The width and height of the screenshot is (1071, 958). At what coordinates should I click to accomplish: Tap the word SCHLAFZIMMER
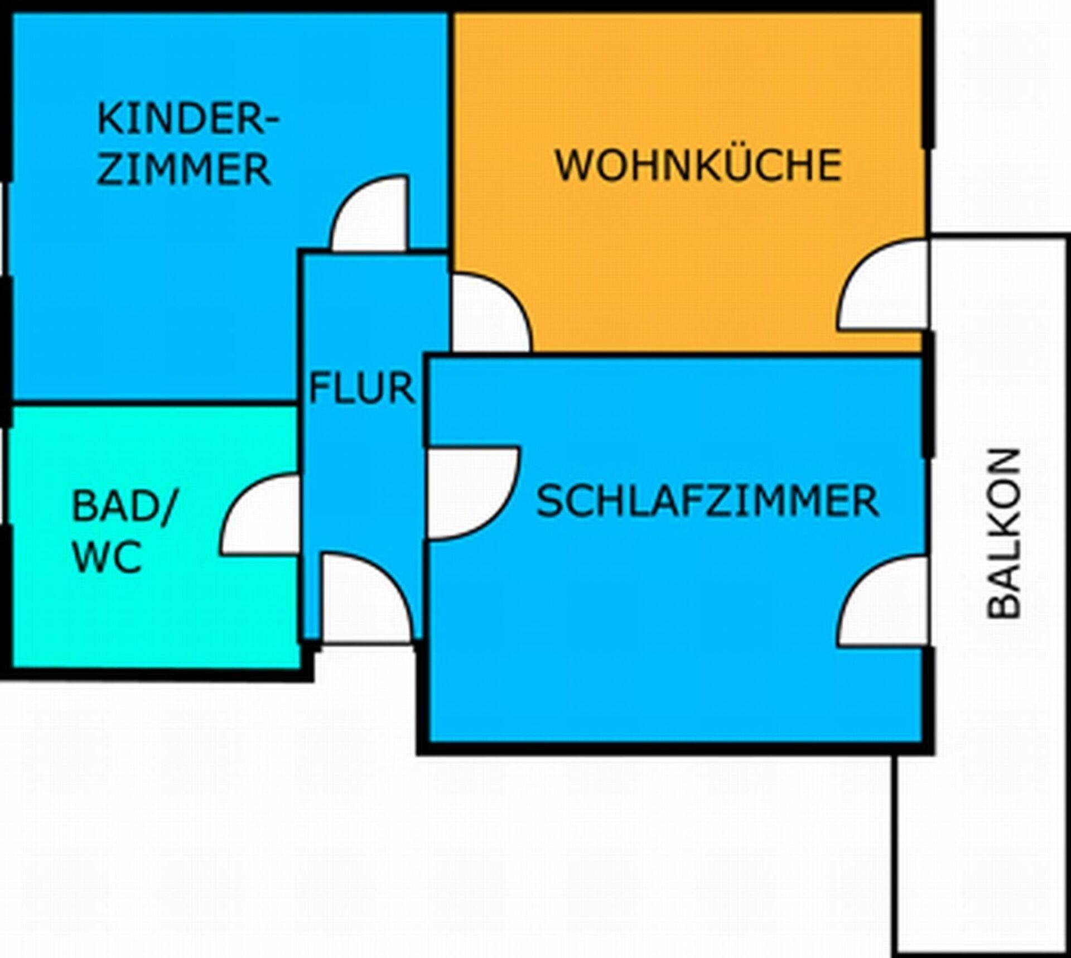(707, 501)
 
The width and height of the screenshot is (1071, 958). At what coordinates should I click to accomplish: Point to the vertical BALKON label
(1004, 533)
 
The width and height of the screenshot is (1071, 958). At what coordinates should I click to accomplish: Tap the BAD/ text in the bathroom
(124, 507)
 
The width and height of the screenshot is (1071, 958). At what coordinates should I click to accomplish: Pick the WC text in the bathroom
(107, 556)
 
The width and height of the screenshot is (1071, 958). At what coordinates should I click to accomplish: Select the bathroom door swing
(260, 514)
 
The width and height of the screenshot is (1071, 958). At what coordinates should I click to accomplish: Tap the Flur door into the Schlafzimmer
(474, 493)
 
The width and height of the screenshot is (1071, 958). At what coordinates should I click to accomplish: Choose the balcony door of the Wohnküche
(882, 284)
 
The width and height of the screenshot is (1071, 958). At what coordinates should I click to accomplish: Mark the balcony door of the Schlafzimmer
(884, 601)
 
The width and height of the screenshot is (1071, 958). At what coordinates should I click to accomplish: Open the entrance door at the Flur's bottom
(369, 599)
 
